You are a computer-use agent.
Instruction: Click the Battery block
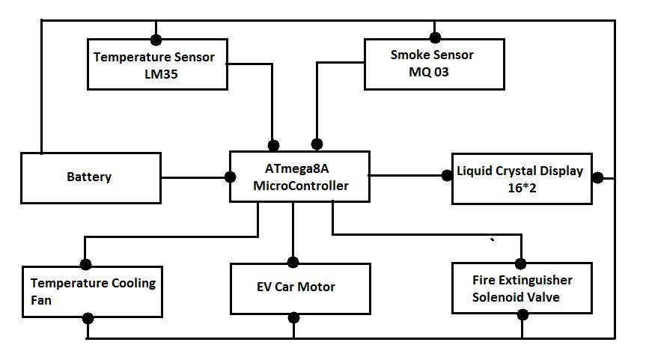(x=91, y=177)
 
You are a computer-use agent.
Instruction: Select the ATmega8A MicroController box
(x=299, y=177)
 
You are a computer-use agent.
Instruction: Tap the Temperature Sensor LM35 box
(x=157, y=65)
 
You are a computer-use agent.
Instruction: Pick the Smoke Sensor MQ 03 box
(x=433, y=64)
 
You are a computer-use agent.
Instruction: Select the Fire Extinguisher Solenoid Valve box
(x=522, y=288)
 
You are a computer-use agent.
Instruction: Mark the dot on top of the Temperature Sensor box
(x=156, y=39)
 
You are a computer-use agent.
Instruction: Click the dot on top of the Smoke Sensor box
(x=434, y=36)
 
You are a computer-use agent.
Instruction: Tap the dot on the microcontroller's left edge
(x=231, y=177)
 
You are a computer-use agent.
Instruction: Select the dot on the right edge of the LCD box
(x=597, y=178)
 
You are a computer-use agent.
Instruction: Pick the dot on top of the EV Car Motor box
(x=293, y=262)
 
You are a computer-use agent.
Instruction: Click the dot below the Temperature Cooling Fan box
(x=88, y=319)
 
